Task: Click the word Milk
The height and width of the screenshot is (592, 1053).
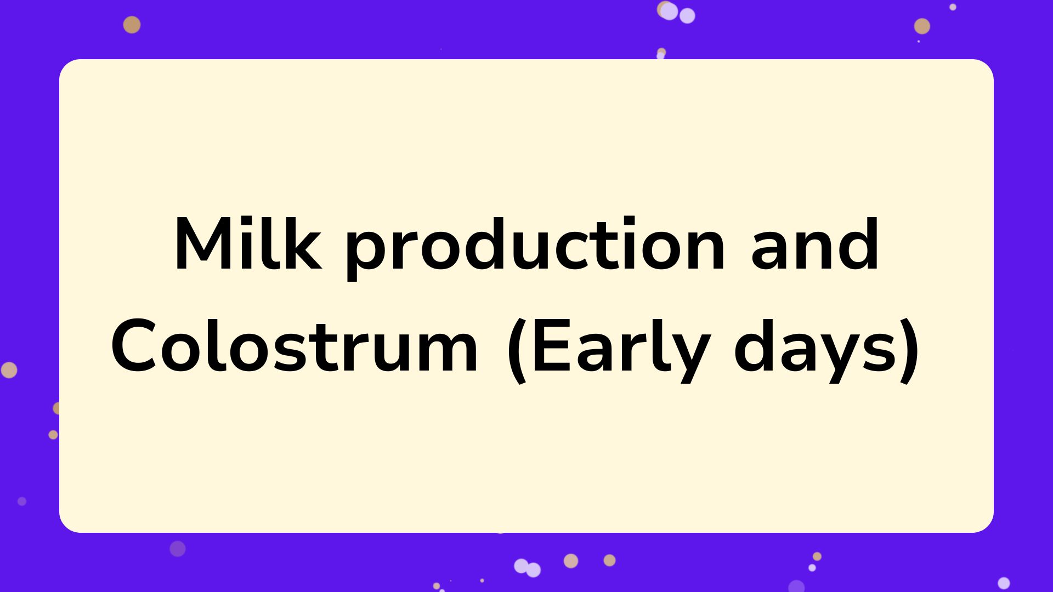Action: [x=248, y=244]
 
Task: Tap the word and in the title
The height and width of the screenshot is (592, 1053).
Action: [x=815, y=244]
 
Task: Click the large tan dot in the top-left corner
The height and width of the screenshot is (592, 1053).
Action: [x=132, y=25]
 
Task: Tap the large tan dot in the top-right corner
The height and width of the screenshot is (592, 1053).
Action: [x=922, y=26]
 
